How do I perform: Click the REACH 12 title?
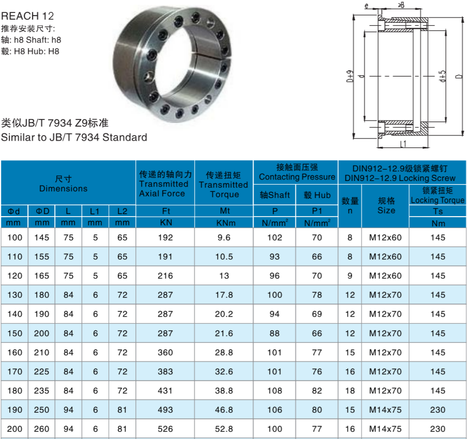click(x=27, y=16)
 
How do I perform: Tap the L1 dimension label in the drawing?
click(x=402, y=144)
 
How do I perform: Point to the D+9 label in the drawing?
click(x=350, y=77)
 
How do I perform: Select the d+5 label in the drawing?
click(x=443, y=77)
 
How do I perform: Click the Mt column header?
click(x=225, y=210)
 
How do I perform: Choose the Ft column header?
click(x=166, y=211)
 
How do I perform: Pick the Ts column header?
click(x=438, y=211)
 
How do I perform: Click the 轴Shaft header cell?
click(x=275, y=195)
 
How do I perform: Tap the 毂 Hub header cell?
click(x=317, y=195)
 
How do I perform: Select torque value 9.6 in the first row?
click(x=224, y=237)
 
